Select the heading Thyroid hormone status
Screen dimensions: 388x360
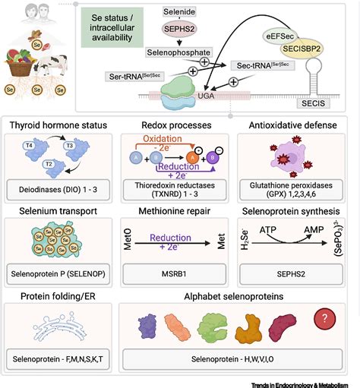[x=57, y=124]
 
